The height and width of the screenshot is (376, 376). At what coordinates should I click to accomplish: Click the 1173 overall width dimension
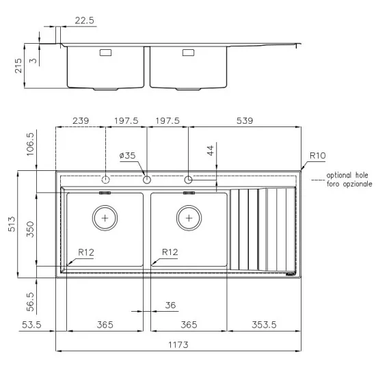177,345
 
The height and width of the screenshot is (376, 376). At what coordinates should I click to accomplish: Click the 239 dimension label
81,121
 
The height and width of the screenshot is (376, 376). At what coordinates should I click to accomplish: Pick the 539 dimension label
244,121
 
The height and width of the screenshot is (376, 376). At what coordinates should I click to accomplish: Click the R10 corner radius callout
317,156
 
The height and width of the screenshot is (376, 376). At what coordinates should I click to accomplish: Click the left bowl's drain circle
105,218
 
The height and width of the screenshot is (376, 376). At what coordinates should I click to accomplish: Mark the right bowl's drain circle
189,218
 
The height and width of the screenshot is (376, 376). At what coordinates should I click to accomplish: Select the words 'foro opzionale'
349,185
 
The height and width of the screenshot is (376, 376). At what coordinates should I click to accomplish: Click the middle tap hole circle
146,180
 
